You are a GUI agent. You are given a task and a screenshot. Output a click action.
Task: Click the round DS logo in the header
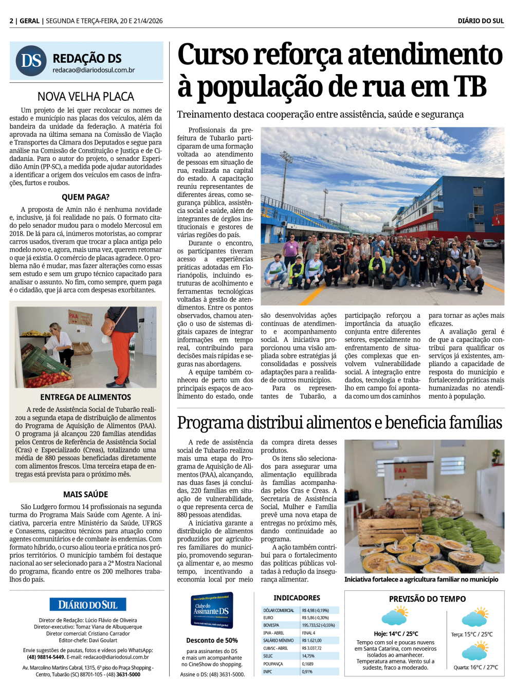[31, 61]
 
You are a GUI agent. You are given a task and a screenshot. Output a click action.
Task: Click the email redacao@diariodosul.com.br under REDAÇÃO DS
[94, 70]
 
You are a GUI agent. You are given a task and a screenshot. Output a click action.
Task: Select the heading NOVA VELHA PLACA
[86, 97]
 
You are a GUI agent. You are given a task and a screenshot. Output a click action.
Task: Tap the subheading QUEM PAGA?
[85, 197]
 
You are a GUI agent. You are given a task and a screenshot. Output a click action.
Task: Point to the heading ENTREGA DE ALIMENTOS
[85, 397]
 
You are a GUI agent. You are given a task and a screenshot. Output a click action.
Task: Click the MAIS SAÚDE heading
[85, 494]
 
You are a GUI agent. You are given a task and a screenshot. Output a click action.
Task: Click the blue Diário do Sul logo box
[88, 605]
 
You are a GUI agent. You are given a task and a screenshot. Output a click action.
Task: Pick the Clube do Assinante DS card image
[212, 610]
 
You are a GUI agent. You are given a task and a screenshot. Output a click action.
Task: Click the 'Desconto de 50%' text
[212, 640]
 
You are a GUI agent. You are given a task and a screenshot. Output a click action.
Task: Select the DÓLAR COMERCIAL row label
[279, 610]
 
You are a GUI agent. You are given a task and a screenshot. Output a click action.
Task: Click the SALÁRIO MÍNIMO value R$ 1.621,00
[312, 641]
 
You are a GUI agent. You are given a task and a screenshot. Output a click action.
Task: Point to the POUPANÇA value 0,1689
[308, 664]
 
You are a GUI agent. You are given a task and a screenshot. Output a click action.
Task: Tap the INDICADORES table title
[297, 598]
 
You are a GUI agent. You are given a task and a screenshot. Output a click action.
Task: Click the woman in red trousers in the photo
[120, 345]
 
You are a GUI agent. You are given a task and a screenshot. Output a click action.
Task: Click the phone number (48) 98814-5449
[46, 657]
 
